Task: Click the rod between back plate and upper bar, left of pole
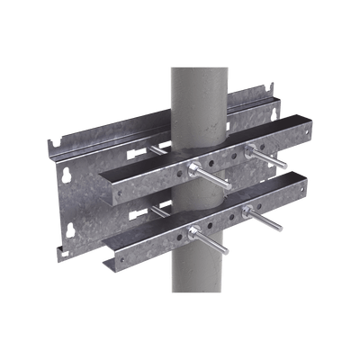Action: click(159, 152)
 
